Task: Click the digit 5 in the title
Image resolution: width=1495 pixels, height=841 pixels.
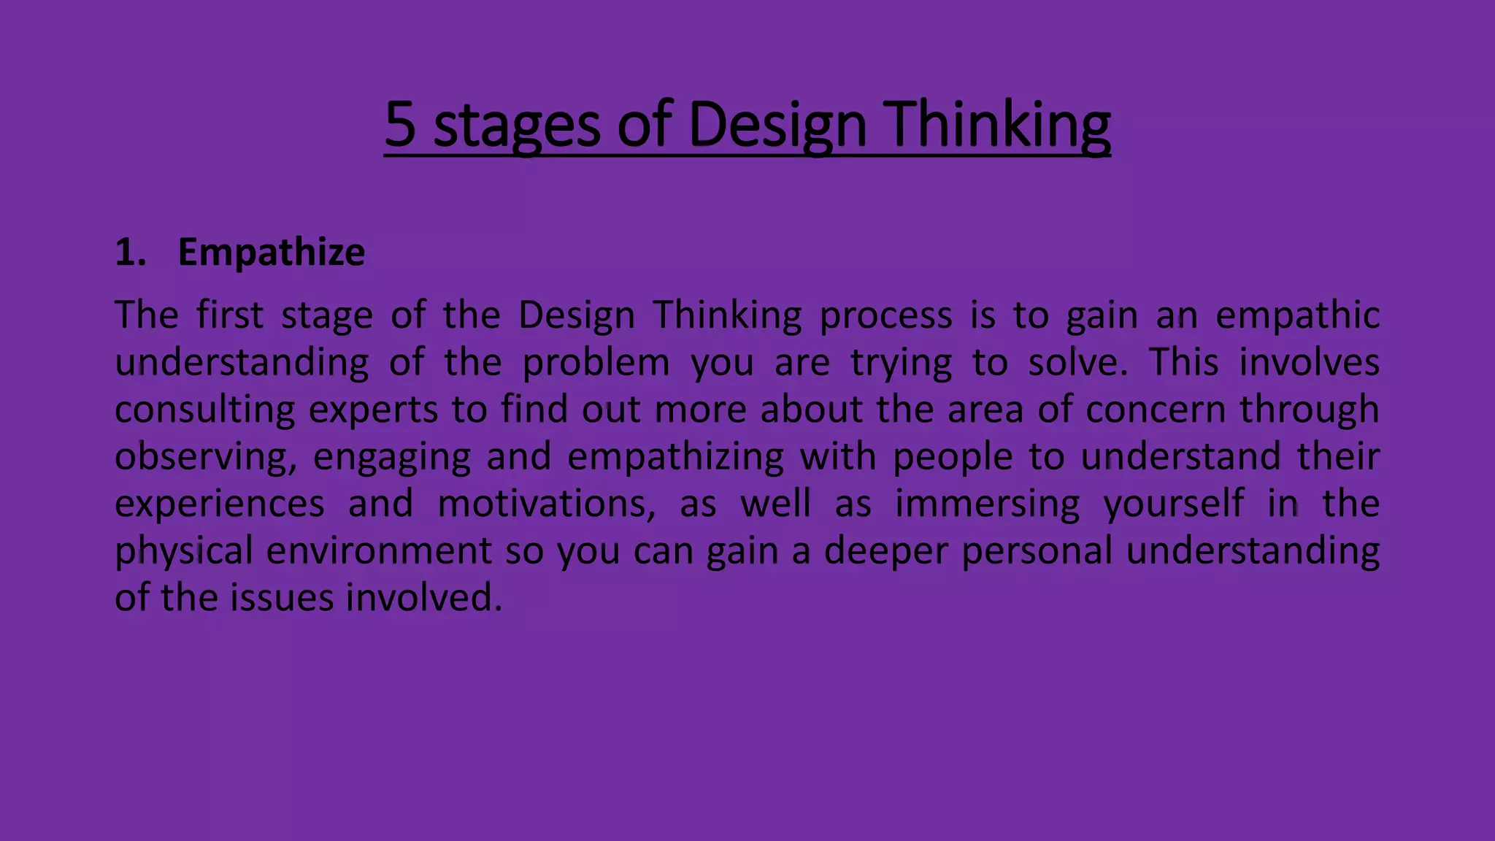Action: [400, 124]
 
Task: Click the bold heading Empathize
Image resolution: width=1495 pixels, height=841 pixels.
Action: [271, 253]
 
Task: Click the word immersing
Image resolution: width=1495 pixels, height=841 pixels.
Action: [987, 504]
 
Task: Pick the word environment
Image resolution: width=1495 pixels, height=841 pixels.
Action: [379, 551]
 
